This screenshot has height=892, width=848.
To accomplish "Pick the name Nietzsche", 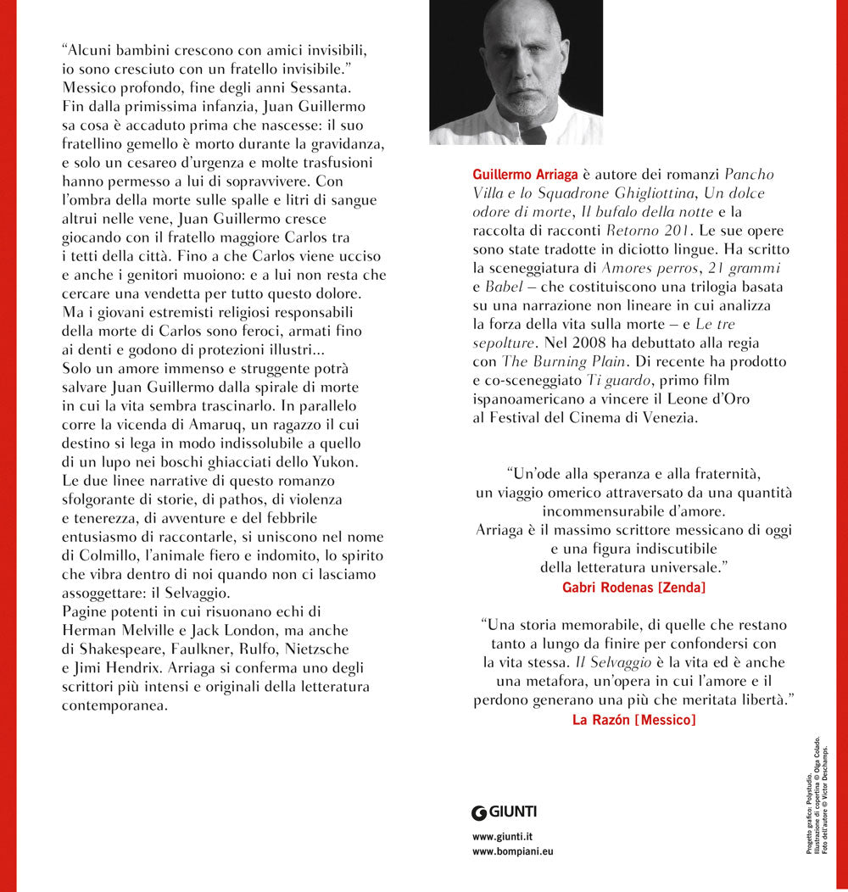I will (x=313, y=648).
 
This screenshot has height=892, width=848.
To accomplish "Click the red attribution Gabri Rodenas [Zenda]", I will (x=635, y=585).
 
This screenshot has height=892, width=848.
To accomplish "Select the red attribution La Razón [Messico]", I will (x=634, y=720).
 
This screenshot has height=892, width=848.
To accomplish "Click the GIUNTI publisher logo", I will (x=505, y=811).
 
